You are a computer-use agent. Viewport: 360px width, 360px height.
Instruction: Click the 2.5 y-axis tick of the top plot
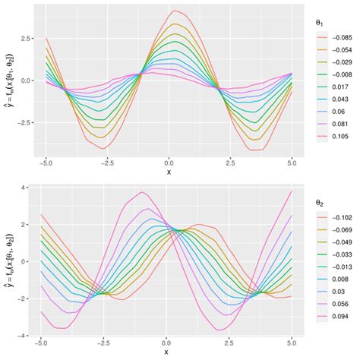coord(27,37)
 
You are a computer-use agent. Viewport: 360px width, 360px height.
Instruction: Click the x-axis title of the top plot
coord(169,172)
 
